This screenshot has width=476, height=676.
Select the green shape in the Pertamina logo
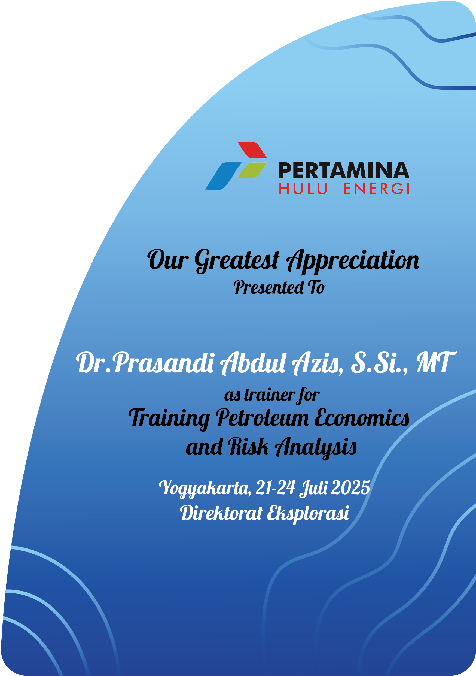[252, 170]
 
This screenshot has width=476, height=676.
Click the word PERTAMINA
[344, 171]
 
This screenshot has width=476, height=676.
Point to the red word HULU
[303, 189]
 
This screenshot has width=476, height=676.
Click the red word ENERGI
[376, 189]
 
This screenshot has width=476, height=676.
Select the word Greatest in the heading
[237, 260]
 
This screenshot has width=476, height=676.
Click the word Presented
[268, 287]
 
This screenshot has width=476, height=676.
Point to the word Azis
[317, 363]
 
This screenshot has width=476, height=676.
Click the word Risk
[249, 447]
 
